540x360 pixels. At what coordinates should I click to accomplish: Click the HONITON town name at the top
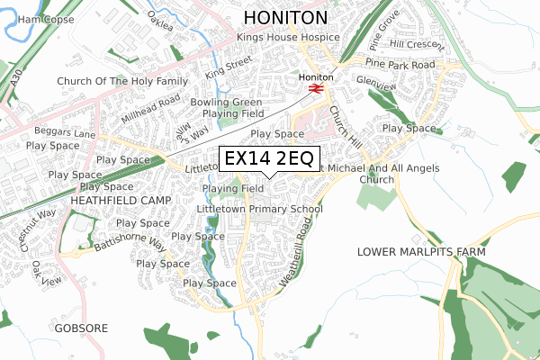(297, 18)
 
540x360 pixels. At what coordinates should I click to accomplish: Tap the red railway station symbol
(315, 89)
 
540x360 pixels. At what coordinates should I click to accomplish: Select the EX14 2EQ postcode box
(268, 158)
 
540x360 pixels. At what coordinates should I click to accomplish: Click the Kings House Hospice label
(287, 38)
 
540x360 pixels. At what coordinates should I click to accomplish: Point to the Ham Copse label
(45, 19)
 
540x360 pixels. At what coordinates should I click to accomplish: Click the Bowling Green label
(232, 103)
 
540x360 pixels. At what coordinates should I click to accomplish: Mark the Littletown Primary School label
(259, 209)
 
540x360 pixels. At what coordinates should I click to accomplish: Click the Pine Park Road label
(400, 65)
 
